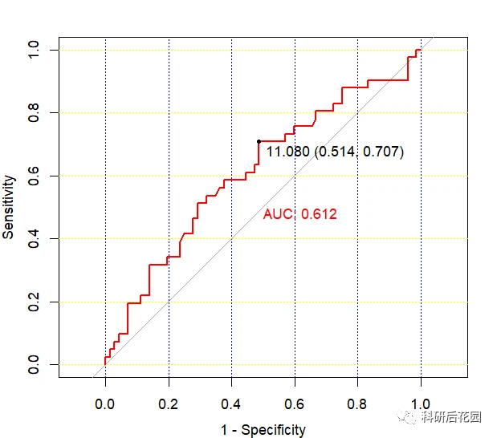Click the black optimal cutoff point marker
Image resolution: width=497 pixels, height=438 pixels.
click(x=259, y=141)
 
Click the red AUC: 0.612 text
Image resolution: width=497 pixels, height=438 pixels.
click(x=299, y=214)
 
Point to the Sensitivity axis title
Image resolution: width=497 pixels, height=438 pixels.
click(x=9, y=208)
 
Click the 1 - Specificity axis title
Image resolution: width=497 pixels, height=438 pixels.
click(x=263, y=430)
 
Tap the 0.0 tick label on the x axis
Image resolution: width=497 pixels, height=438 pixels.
click(x=105, y=404)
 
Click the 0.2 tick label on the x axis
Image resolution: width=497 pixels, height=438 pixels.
click(x=169, y=404)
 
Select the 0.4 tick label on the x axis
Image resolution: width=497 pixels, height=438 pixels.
click(x=231, y=404)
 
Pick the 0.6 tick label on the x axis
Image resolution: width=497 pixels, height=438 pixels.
click(x=295, y=404)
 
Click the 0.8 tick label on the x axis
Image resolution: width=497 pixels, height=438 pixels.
click(x=357, y=404)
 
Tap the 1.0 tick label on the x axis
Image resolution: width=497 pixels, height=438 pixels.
click(x=421, y=404)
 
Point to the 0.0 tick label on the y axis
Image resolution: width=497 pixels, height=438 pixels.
click(x=33, y=364)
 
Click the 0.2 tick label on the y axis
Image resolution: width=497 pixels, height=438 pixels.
click(x=33, y=302)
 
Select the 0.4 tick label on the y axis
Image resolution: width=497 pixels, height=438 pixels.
click(x=33, y=238)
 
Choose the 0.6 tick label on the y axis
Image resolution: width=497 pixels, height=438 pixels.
click(x=33, y=176)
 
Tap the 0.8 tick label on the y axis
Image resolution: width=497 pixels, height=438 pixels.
click(x=33, y=113)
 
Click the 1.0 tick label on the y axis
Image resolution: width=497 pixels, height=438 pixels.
click(x=33, y=50)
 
